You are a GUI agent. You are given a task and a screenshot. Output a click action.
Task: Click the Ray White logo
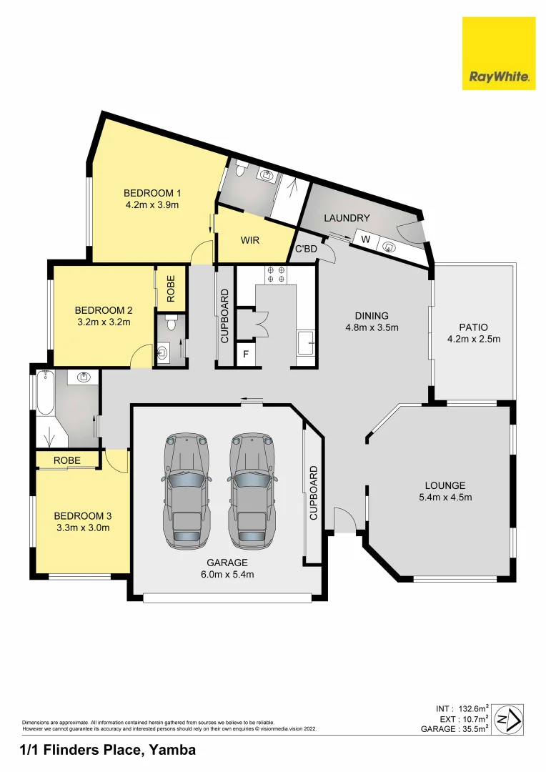(498, 54)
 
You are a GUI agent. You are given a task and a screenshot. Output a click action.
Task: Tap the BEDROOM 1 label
(152, 193)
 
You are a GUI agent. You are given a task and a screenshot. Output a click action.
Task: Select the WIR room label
(249, 241)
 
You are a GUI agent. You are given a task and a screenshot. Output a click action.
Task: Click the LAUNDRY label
(347, 218)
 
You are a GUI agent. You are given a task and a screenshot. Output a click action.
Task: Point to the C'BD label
(307, 249)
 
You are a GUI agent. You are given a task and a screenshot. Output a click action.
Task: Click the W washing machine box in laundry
(364, 239)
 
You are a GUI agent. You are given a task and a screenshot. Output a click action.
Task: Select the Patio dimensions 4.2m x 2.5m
(473, 339)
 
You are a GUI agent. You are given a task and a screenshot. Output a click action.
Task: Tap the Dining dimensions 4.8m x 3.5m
(371, 327)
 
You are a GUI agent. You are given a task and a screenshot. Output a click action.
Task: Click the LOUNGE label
(445, 485)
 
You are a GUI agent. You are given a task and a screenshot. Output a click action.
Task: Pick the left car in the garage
(187, 490)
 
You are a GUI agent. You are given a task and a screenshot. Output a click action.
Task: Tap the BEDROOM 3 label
(83, 515)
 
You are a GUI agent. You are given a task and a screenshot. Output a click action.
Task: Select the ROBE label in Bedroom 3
(67, 460)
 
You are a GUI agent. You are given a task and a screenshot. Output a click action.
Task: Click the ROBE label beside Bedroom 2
(171, 287)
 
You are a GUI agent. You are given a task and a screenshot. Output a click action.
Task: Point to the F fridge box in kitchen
(245, 354)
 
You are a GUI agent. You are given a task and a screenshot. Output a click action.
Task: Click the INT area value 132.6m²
(472, 708)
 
